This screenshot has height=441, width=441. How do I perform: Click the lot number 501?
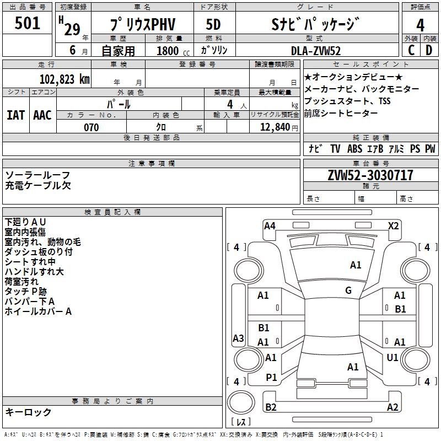pyautogui.click(x=27, y=23)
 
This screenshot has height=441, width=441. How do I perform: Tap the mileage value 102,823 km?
pyautogui.click(x=64, y=79)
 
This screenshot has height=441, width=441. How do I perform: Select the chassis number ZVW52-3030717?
pyautogui.click(x=370, y=175)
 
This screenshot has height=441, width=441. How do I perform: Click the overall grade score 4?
pyautogui.click(x=420, y=25)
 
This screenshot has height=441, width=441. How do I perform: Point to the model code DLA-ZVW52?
pyautogui.click(x=316, y=51)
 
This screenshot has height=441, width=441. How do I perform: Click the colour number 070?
pyautogui.click(x=92, y=127)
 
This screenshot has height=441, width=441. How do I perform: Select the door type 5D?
pyautogui.click(x=213, y=24)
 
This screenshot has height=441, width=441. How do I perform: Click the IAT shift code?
pyautogui.click(x=16, y=115)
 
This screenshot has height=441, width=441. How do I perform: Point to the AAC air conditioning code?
pyautogui.click(x=42, y=115)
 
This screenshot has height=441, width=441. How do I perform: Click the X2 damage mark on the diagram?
pyautogui.click(x=393, y=226)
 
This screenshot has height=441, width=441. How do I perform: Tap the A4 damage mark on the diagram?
pyautogui.click(x=270, y=226)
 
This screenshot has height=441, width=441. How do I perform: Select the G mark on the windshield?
pyautogui.click(x=348, y=290)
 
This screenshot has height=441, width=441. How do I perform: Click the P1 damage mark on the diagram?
pyautogui.click(x=271, y=378)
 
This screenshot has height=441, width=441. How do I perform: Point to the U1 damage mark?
pyautogui.click(x=392, y=357)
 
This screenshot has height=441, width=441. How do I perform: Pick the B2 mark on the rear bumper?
pyautogui.click(x=271, y=407)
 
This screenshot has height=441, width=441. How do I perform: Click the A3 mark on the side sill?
pyautogui.click(x=238, y=338)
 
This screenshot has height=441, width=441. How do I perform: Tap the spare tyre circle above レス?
pyautogui.click(x=241, y=402)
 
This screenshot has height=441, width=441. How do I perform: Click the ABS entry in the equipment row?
pyautogui.click(x=354, y=148)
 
